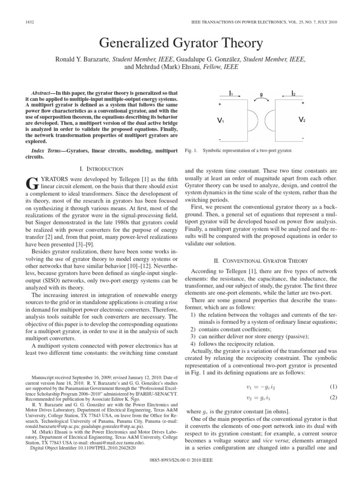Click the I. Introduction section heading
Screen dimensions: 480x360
tap(101, 168)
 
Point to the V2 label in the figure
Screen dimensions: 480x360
tap(302, 120)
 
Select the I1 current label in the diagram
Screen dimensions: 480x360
tap(231, 94)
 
